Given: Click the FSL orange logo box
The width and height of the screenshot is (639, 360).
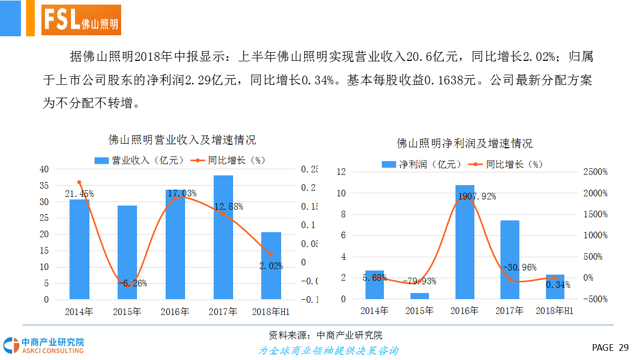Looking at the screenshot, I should [x=81, y=20].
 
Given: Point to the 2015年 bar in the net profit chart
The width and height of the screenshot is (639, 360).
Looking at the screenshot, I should [x=420, y=296].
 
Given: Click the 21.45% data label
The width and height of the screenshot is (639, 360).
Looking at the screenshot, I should [x=79, y=194].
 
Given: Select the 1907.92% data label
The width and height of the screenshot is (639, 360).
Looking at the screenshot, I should [x=477, y=196].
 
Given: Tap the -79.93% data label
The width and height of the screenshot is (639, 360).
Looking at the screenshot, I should [x=419, y=282].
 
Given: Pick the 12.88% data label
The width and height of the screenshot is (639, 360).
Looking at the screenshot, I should [x=229, y=207].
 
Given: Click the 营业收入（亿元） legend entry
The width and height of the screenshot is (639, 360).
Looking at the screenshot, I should [x=140, y=160].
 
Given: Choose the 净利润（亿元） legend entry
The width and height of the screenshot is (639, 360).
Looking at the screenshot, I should [x=422, y=164].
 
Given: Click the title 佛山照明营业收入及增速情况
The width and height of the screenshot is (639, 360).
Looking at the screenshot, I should [x=182, y=140].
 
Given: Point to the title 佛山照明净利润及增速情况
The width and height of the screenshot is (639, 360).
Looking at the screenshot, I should [x=465, y=143].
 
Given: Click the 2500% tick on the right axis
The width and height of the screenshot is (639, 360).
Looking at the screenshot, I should [x=595, y=172].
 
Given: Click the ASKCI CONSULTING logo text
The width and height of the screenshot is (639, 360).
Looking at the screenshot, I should [x=52, y=351].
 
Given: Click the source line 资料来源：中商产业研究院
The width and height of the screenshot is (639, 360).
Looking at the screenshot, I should [x=325, y=335].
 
